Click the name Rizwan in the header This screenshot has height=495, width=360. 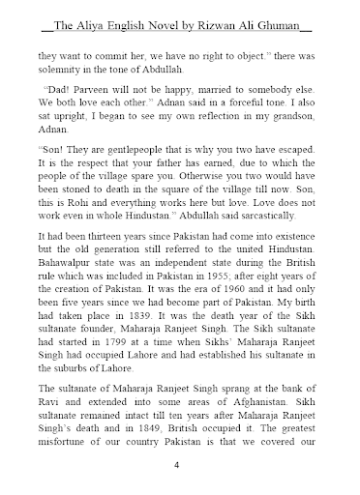pos(237,15)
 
